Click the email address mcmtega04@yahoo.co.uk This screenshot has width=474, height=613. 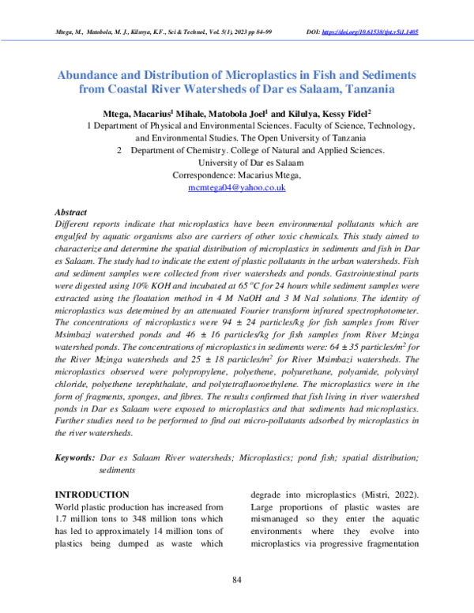pyautogui.click(x=236, y=188)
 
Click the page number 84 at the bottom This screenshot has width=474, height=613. pyautogui.click(x=236, y=581)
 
